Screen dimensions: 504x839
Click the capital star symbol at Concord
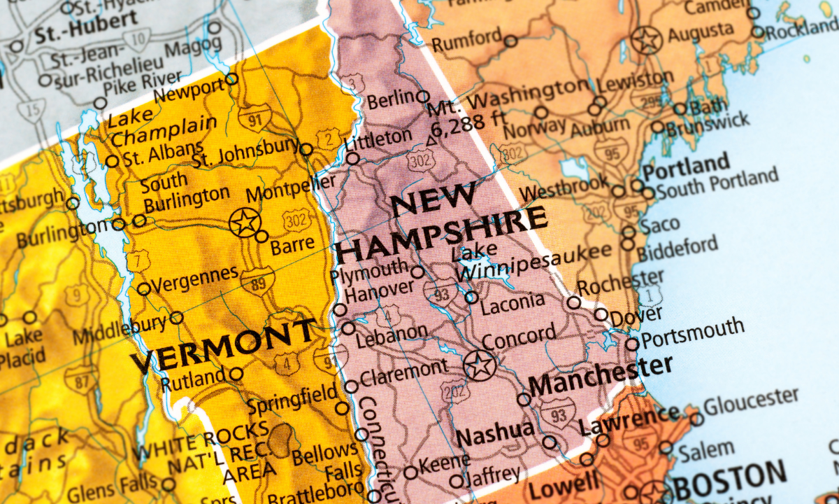coord(480,365)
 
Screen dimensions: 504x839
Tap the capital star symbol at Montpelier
coord(245,223)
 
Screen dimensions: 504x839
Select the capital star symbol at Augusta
coord(647,40)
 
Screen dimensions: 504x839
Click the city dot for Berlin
coord(422,97)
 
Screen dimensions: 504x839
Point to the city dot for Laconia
coord(472,297)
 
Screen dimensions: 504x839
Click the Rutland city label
coord(193,381)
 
